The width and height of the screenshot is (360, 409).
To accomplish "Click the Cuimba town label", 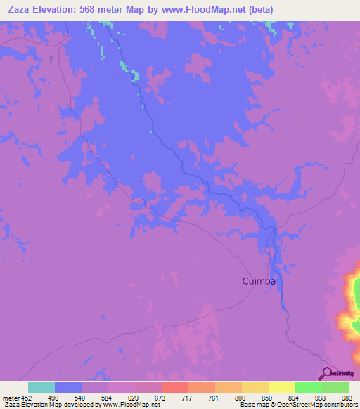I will click(258, 281).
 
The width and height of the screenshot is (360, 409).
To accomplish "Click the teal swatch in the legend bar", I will click(41, 387).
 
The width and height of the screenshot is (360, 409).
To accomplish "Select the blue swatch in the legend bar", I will click(68, 387).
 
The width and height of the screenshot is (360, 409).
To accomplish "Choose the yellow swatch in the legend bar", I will click(281, 387).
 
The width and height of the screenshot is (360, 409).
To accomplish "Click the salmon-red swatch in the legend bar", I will click(174, 387).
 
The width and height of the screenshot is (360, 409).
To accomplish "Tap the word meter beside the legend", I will click(11, 397).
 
